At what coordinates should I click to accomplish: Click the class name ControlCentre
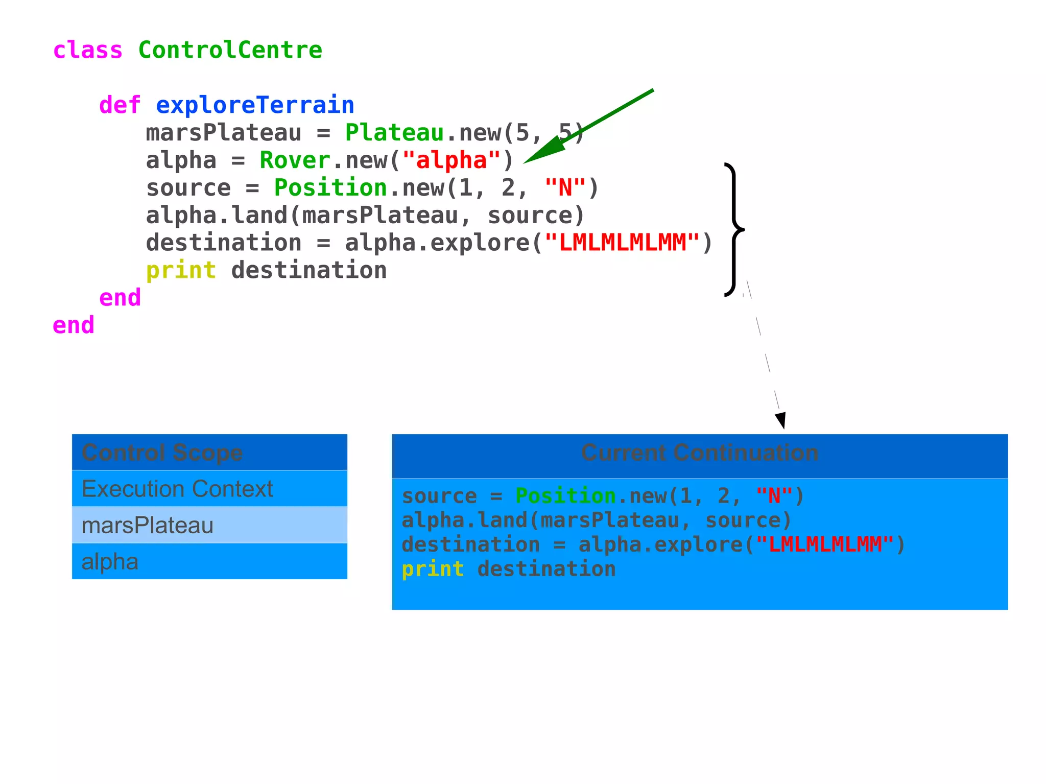coord(230,50)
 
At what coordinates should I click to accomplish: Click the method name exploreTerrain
coord(254,105)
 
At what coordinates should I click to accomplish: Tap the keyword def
coord(120,105)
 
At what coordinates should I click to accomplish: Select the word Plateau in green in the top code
coord(394,133)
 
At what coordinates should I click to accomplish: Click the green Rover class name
coord(295,160)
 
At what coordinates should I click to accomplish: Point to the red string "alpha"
coord(451,160)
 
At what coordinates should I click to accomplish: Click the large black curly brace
coord(734,229)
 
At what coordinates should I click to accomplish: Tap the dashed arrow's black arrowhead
coord(780,420)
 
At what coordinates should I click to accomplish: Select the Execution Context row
coord(209,489)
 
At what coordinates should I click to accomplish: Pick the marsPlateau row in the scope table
coord(209,525)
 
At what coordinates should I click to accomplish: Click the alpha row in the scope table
coord(209,561)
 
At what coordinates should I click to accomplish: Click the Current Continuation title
coord(700,453)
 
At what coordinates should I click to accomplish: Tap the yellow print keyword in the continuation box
coord(433,569)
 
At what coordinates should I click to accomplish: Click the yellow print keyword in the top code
coord(181,270)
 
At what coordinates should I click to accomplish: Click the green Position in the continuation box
coord(565,496)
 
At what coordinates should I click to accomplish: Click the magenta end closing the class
coord(74,325)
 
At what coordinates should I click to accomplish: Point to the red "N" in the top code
coord(565,188)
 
